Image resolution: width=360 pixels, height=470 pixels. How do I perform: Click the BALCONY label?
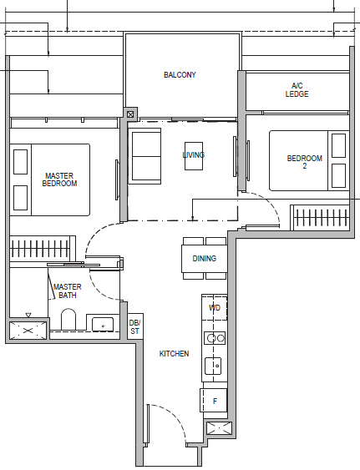[x=180, y=74]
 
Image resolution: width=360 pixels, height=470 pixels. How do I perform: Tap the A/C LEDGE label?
[x=297, y=90]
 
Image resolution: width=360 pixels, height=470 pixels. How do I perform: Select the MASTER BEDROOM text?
[x=59, y=179]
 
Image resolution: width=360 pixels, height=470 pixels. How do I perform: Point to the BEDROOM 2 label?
[x=305, y=162]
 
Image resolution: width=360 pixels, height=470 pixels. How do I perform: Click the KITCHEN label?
[x=174, y=354]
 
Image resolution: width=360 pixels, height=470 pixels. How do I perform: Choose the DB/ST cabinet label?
[x=134, y=326]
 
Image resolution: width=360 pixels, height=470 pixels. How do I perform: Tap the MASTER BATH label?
[x=67, y=291]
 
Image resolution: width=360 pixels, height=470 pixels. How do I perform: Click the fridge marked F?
[x=214, y=401]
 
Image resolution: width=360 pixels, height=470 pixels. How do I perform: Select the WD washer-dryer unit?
[x=214, y=307]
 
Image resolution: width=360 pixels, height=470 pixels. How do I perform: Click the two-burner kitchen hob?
[x=215, y=338]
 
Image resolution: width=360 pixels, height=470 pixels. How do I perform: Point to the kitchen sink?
[x=213, y=366]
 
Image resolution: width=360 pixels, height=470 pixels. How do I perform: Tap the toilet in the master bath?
[x=68, y=320]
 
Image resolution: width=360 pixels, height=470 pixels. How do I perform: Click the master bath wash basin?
[x=103, y=324]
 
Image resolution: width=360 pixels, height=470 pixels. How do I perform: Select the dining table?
[x=205, y=259]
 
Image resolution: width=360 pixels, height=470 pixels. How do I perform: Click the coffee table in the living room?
[x=194, y=156]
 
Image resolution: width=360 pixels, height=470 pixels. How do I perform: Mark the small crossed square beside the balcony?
[x=130, y=114]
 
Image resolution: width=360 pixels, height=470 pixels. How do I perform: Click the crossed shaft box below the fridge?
[x=219, y=427]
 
